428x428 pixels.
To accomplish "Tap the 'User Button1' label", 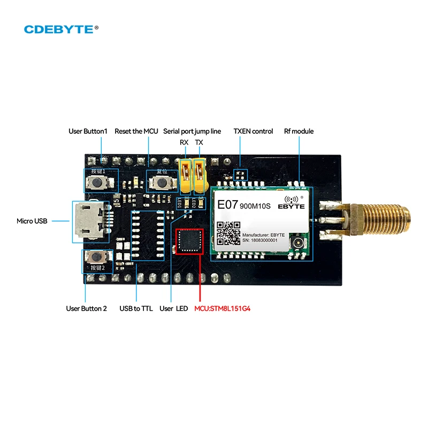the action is (x=88, y=131).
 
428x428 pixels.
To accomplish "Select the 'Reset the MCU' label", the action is (x=136, y=131).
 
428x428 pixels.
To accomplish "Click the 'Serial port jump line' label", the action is (x=192, y=131).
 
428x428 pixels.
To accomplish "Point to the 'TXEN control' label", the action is (x=253, y=131).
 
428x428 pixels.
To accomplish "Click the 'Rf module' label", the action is (x=299, y=131).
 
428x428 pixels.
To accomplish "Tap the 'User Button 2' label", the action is (x=86, y=309).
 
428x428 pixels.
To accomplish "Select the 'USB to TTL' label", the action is (x=136, y=309).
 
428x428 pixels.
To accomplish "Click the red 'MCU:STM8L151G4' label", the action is (x=222, y=309).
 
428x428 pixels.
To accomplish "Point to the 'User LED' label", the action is (x=174, y=309).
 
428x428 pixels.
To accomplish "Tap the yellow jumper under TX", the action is (x=200, y=176).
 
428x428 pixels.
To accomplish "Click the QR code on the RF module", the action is (x=228, y=233).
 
